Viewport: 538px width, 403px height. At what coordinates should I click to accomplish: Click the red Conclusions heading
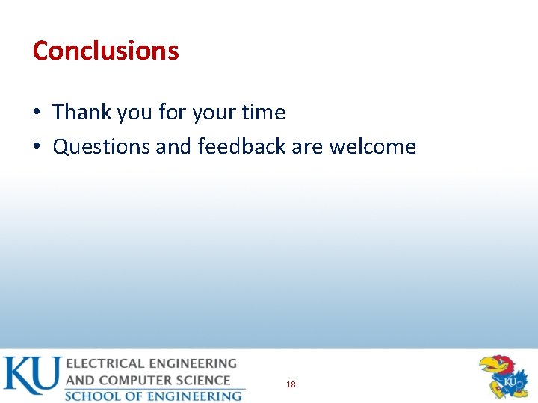click(105, 51)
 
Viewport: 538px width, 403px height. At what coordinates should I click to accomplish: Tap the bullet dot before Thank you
click(37, 113)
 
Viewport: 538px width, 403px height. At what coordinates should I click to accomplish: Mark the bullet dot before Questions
click(37, 148)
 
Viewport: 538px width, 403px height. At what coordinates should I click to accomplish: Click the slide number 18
click(291, 384)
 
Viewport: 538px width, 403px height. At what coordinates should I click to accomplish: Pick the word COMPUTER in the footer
click(134, 380)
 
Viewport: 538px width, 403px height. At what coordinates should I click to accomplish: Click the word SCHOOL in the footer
click(93, 396)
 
